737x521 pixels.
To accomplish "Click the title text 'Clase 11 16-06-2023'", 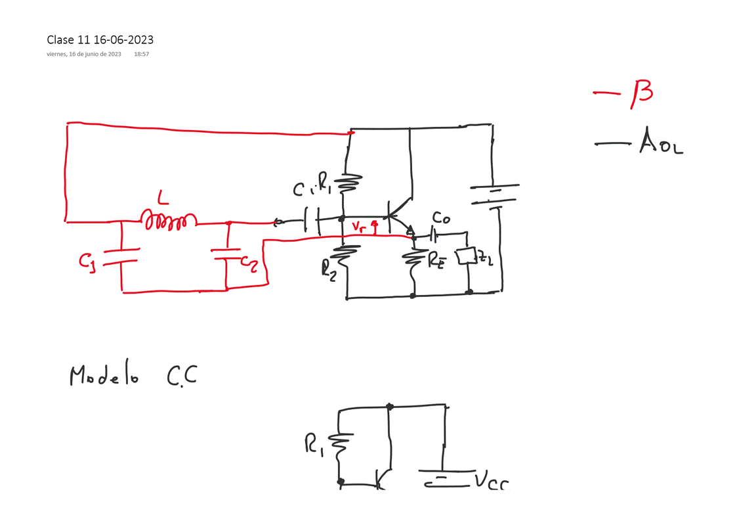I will (x=100, y=40).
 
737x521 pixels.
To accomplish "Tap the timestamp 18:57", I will (x=141, y=55).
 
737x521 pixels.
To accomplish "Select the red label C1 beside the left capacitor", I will (x=88, y=261).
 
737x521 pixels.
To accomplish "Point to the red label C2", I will (x=249, y=261).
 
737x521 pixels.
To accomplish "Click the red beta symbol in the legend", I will (x=641, y=91).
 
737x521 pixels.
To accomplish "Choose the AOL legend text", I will (x=661, y=143).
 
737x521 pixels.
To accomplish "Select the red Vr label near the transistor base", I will (x=359, y=227).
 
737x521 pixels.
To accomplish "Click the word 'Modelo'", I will (x=104, y=376).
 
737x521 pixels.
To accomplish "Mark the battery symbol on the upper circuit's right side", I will (x=494, y=196).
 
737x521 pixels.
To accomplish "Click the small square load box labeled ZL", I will (x=467, y=256).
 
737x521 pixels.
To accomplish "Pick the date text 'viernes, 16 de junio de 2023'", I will (x=84, y=55).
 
